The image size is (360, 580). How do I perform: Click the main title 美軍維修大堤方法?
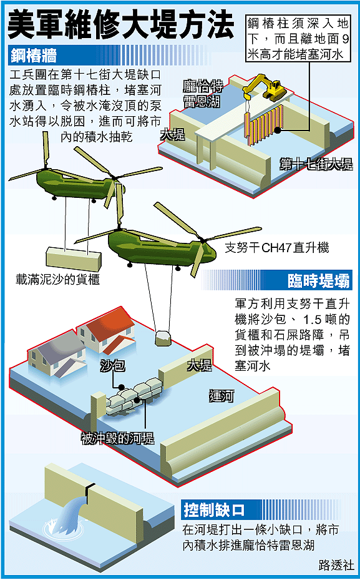[121, 25]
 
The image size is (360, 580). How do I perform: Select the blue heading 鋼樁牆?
[34, 56]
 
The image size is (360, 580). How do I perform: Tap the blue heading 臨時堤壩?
[318, 281]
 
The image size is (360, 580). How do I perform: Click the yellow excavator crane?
[265, 88]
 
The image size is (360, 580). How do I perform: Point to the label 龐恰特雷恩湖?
[203, 94]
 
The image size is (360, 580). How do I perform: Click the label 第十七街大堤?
[316, 164]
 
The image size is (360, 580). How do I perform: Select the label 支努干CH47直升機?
[277, 247]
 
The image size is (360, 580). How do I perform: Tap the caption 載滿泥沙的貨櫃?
[57, 279]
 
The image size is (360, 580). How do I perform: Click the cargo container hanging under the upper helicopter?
[74, 258]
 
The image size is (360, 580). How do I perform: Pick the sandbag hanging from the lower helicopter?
[163, 338]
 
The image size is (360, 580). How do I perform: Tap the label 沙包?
[113, 366]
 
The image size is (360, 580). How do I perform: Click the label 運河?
[221, 396]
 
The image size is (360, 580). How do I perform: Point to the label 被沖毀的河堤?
[117, 439]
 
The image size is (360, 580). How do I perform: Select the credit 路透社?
[336, 565]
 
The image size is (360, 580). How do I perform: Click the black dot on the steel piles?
[277, 130]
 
